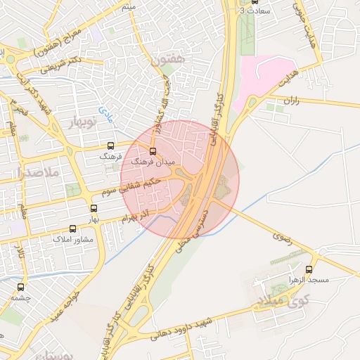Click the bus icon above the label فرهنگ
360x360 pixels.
pos(110,146)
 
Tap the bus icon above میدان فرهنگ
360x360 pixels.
pos(153,151)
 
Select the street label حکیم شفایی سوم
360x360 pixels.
pos(131,186)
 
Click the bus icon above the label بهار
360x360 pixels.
pos(94,209)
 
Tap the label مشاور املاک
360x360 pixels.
pos(73,239)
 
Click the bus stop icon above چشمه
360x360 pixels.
pos(20,288)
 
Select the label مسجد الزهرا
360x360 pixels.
pos(309,280)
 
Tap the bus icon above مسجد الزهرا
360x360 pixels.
pos(309,269)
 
